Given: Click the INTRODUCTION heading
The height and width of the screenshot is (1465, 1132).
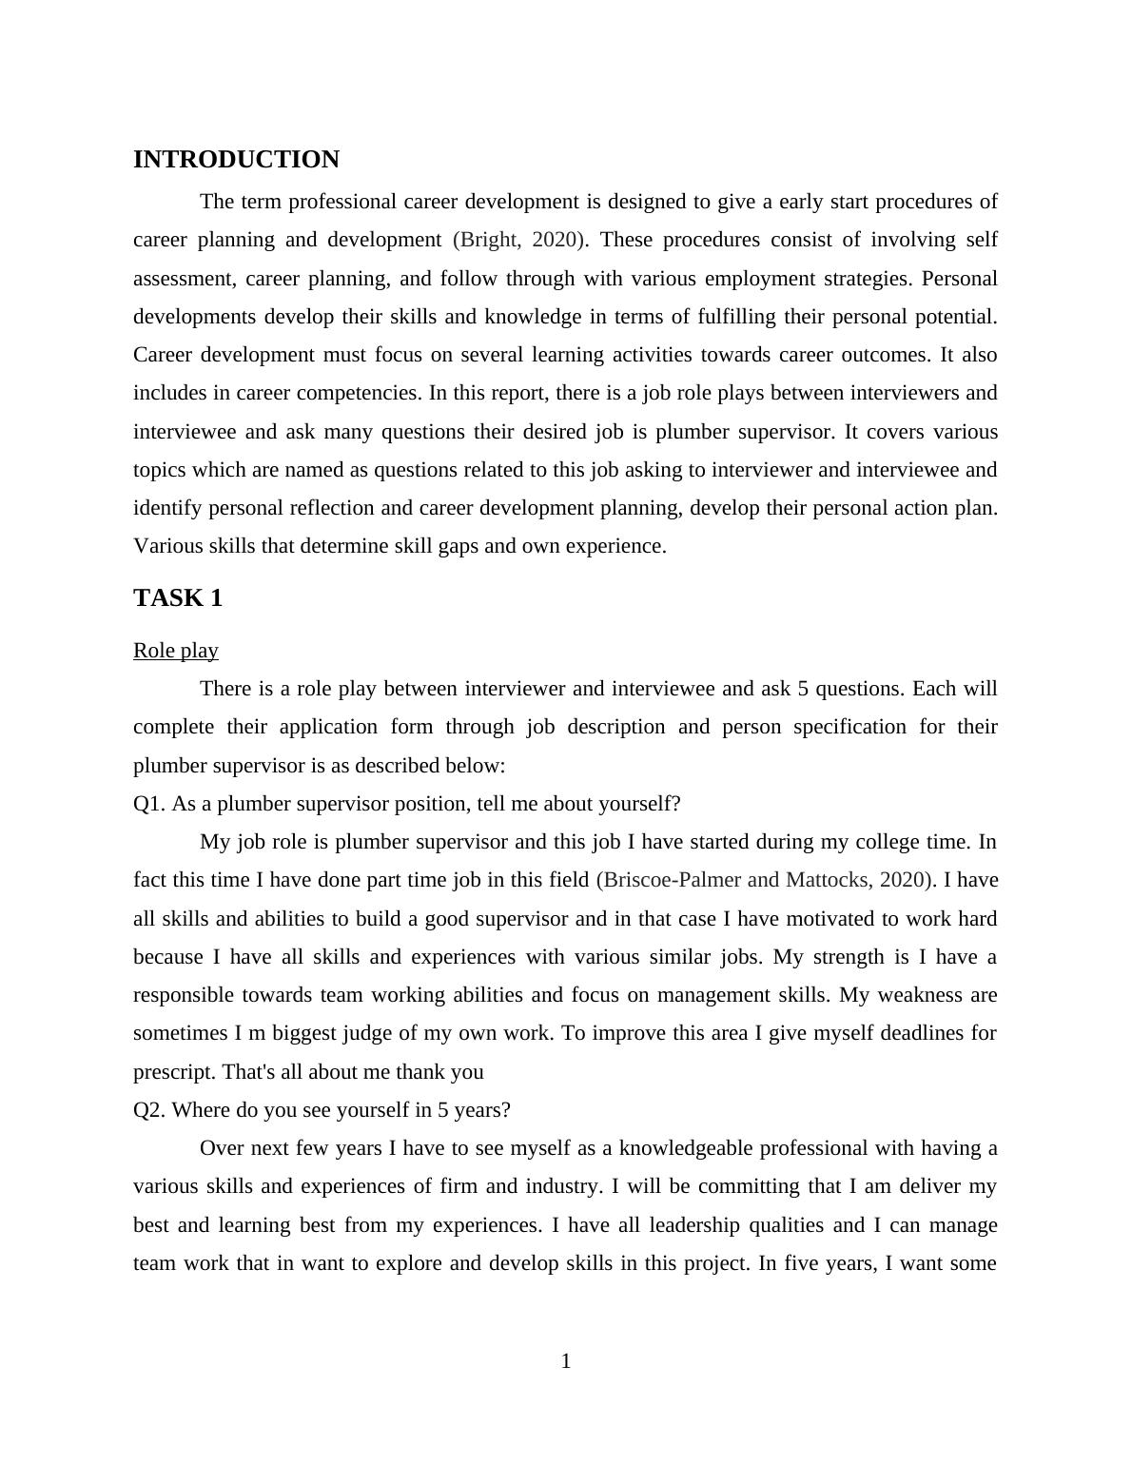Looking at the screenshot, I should (x=236, y=160).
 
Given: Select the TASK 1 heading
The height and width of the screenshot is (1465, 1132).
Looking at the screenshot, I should (x=178, y=598).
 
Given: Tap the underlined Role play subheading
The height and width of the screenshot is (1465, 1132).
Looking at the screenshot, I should (x=176, y=651).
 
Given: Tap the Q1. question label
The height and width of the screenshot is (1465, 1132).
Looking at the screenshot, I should (x=148, y=804).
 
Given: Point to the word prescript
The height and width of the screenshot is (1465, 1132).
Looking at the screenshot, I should (x=174, y=1072).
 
